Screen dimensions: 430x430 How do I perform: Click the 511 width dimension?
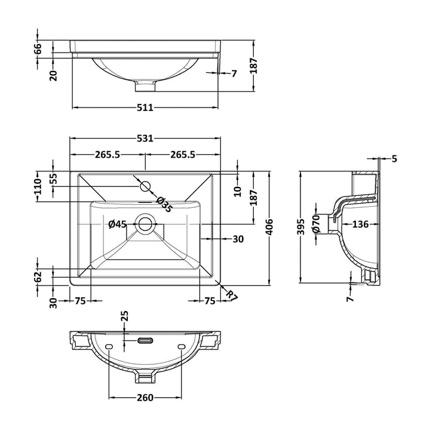tap(146, 107)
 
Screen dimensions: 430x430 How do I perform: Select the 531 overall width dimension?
tap(146, 139)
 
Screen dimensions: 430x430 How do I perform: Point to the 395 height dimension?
tap(300, 226)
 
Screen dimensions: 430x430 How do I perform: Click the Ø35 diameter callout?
tap(164, 204)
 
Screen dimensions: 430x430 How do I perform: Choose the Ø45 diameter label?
tap(117, 225)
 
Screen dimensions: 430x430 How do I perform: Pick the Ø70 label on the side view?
tap(317, 223)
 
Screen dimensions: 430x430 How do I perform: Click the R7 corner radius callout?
tap(231, 295)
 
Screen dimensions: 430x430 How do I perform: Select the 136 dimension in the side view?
tap(360, 225)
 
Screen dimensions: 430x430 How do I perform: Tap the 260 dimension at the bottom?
tap(145, 398)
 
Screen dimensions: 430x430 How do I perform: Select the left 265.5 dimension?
tap(107, 155)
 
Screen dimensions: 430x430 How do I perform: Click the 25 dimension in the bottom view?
tap(125, 316)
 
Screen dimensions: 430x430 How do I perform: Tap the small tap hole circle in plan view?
tap(145, 185)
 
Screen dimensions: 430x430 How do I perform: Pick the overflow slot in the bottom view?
tap(145, 341)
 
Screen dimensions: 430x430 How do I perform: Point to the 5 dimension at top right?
tap(394, 159)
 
